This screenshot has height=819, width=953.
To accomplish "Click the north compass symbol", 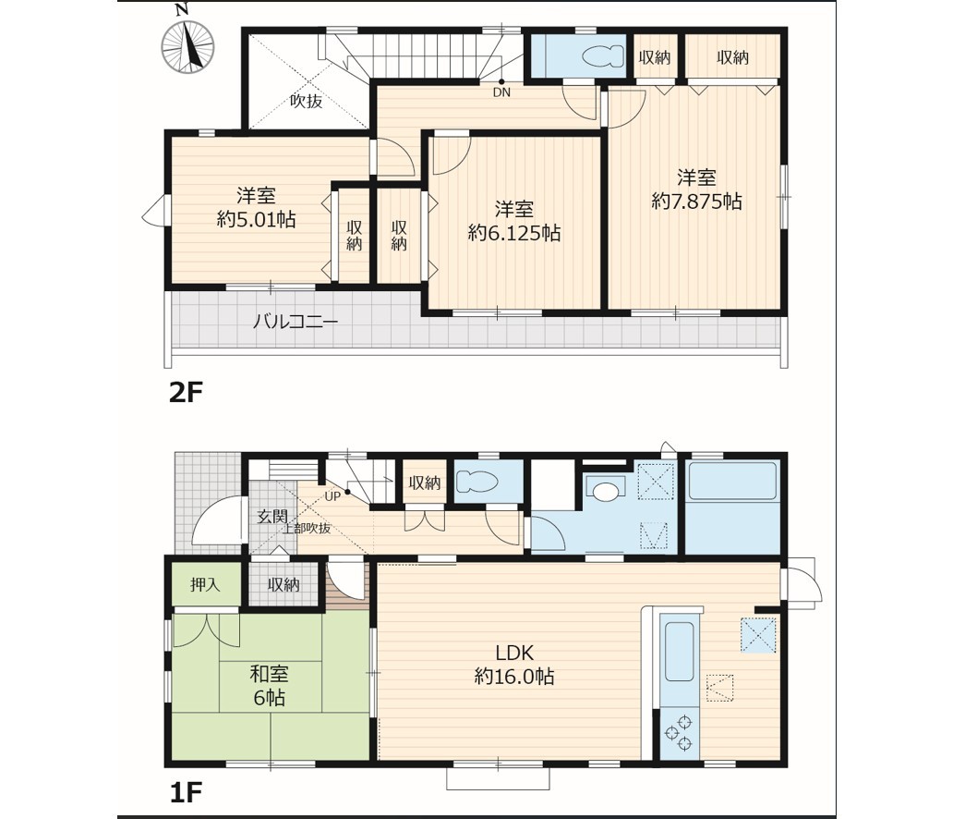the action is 187,45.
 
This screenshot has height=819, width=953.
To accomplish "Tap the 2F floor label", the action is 185,393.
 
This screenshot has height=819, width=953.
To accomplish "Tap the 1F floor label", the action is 185,792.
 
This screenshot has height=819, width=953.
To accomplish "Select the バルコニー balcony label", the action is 296,321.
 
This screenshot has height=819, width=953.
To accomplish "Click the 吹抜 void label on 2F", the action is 306,101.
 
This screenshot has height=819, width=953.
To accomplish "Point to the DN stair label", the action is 501,92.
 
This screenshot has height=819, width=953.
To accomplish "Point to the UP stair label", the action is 332,495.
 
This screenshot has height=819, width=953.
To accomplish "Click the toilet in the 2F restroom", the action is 603,58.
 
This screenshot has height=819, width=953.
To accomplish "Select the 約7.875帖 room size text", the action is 696,201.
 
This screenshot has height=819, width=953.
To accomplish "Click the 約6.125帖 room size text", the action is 514,232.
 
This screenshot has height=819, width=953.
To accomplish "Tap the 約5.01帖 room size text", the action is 257,218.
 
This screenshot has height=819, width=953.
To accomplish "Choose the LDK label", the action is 514,653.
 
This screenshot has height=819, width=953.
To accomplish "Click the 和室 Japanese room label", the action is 270,674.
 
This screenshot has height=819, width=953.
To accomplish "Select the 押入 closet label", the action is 205,585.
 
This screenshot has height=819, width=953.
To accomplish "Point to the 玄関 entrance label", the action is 272,517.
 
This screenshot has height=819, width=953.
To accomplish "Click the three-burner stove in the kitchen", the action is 680,733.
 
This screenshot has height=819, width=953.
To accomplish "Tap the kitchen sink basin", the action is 679,652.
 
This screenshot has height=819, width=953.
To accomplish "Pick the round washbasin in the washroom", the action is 604,491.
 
